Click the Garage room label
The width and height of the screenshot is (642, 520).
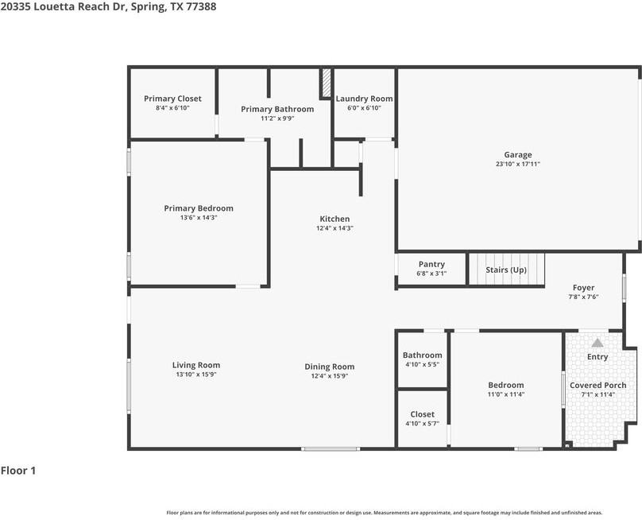pyautogui.click(x=518, y=155)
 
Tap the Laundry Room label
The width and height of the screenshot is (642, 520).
pyautogui.click(x=364, y=99)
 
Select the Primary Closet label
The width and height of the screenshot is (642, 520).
pyautogui.click(x=172, y=99)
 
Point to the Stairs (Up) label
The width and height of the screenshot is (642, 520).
pyautogui.click(x=506, y=270)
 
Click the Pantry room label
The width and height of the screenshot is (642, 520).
pyautogui.click(x=431, y=264)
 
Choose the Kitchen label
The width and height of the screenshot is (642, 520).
pyautogui.click(x=335, y=219)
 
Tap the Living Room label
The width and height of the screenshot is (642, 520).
pyautogui.click(x=196, y=366)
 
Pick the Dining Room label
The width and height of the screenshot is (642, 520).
pyautogui.click(x=330, y=367)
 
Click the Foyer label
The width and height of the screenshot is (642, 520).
pyautogui.click(x=583, y=288)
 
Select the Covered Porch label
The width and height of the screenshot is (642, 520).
pyautogui.click(x=598, y=386)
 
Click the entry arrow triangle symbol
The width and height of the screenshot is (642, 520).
pyautogui.click(x=597, y=343)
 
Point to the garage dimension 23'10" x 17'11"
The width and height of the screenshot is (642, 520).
pyautogui.click(x=518, y=165)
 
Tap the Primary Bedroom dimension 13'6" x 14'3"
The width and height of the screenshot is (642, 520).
pyautogui.click(x=199, y=218)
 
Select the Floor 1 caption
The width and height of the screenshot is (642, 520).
pyautogui.click(x=18, y=471)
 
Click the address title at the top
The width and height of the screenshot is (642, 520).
pyautogui.click(x=108, y=6)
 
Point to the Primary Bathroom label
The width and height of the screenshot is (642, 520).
pyautogui.click(x=277, y=109)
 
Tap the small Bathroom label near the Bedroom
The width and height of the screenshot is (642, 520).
pyautogui.click(x=422, y=355)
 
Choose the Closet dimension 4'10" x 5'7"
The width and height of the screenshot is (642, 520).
pyautogui.click(x=422, y=424)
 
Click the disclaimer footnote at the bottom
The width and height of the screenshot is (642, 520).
pyautogui.click(x=384, y=513)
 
